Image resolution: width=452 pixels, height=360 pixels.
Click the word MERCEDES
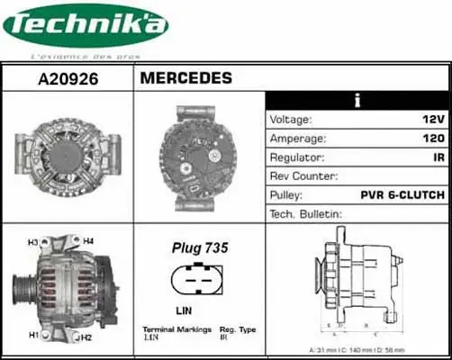(186, 78)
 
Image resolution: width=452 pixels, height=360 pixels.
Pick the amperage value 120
(433, 139)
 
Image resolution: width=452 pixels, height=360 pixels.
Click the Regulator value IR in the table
(438, 157)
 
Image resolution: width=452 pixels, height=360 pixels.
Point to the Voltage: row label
(291, 120)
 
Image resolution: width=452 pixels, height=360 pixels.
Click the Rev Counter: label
(303, 176)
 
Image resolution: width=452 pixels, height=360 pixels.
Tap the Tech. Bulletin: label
(306, 214)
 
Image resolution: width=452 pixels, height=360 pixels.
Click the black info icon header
(358, 100)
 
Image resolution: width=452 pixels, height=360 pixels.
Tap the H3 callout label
(33, 243)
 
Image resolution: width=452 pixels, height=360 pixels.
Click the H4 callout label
(88, 241)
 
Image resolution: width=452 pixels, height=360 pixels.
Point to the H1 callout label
(33, 335)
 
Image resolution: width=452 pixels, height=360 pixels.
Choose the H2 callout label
(87, 337)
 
